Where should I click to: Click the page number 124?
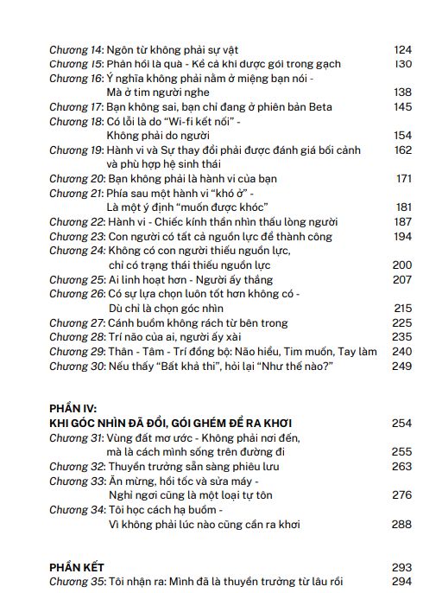click(403, 49)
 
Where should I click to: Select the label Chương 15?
click(75, 63)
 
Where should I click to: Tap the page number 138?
click(403, 92)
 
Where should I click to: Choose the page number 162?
click(403, 150)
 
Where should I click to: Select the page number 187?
click(403, 221)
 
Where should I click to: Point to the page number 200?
click(403, 265)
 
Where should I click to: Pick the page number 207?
click(403, 279)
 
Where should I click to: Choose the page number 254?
click(403, 424)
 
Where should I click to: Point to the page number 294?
click(403, 581)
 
